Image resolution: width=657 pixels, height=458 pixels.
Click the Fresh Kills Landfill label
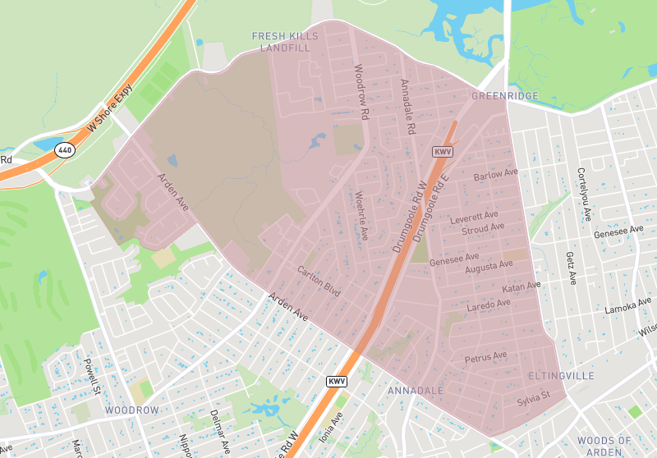pos(282,42)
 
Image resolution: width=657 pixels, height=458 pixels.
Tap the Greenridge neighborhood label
pos(505,96)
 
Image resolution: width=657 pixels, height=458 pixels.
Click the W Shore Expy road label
pos(108,113)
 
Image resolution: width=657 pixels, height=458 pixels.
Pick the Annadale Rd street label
pos(407,107)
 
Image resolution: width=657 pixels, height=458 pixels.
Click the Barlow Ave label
pos(496,175)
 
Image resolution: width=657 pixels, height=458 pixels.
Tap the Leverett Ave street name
pos(476,218)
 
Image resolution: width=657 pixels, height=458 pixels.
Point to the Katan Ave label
pos(521,287)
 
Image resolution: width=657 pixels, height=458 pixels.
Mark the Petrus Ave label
pos(485,358)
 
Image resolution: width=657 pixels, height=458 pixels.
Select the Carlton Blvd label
pos(319,277)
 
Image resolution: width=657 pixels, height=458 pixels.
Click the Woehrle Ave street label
pos(361,216)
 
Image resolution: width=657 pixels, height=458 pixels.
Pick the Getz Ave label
pos(569,268)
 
